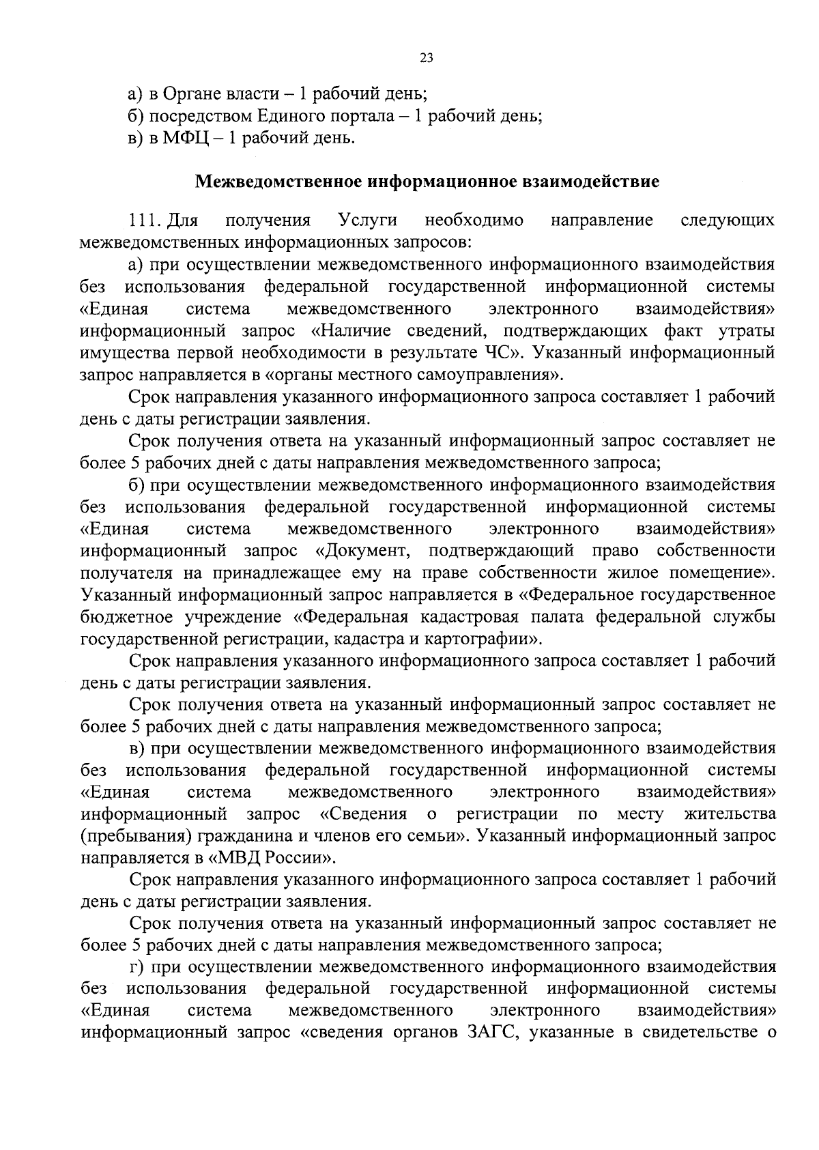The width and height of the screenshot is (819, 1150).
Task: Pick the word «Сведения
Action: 363,814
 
